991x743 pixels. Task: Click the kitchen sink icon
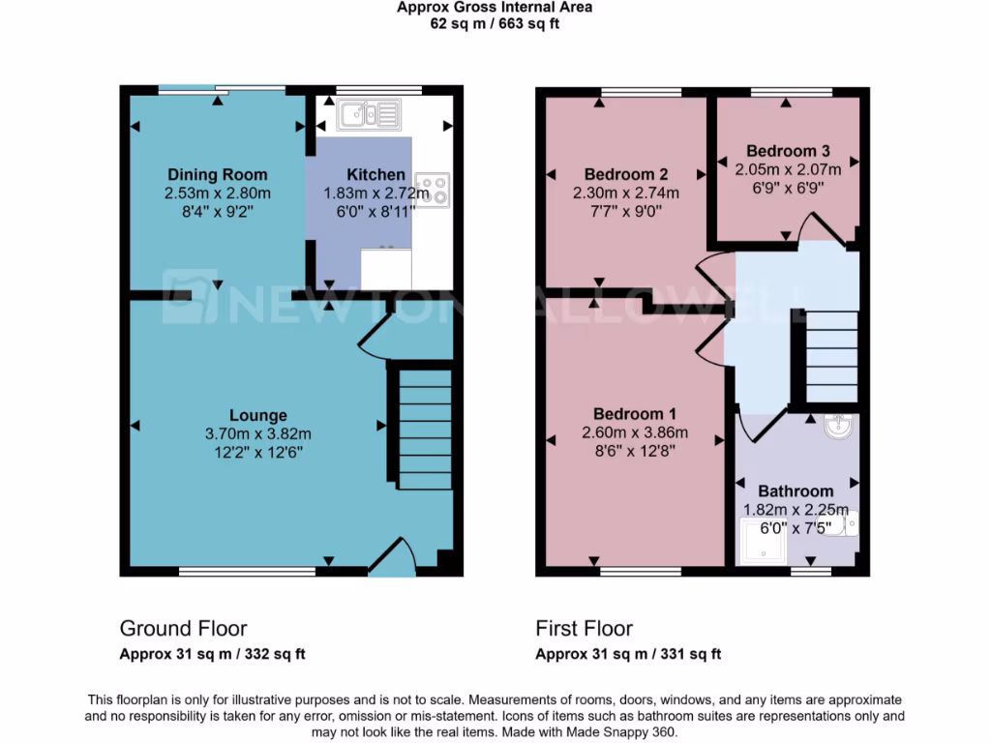click(x=368, y=115)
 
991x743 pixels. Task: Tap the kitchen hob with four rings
click(x=432, y=189)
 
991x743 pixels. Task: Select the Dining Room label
click(x=218, y=174)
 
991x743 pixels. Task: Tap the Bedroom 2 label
click(x=626, y=174)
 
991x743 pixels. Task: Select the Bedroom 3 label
click(x=788, y=151)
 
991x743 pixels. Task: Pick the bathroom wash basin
click(x=838, y=427)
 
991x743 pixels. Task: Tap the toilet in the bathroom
click(x=845, y=523)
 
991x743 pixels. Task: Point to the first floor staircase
click(x=830, y=356)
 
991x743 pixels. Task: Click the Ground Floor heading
click(x=183, y=629)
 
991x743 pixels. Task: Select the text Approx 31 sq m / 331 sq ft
click(x=628, y=654)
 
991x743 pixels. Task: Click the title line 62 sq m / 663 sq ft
click(x=495, y=23)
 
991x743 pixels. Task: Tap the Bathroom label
click(x=796, y=491)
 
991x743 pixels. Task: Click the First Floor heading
click(x=585, y=629)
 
